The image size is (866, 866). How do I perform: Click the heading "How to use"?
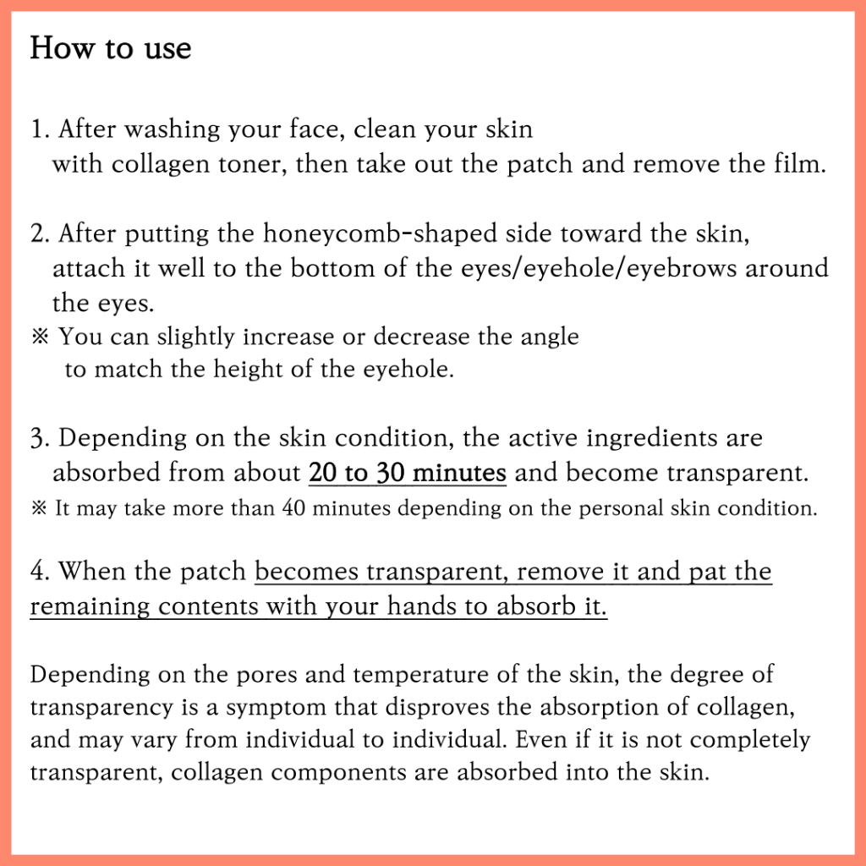click(111, 47)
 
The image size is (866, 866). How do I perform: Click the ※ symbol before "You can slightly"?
click(41, 337)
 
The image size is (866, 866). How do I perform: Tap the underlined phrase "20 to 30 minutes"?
click(408, 473)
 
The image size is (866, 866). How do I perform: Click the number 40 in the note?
click(293, 508)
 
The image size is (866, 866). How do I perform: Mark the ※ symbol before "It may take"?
click(39, 507)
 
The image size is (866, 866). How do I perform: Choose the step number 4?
click(40, 572)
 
